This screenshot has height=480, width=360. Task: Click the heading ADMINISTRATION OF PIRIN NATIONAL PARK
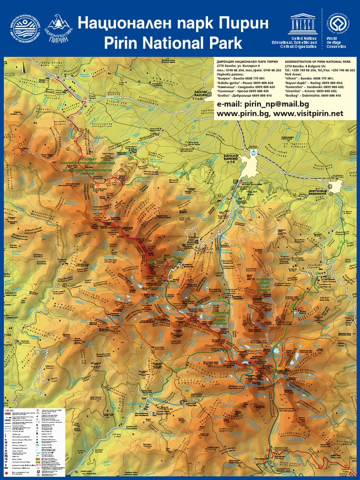point(317,61)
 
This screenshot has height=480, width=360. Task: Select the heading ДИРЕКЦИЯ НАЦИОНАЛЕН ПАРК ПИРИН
point(247,61)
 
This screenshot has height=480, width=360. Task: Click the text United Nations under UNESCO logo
point(303,37)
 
